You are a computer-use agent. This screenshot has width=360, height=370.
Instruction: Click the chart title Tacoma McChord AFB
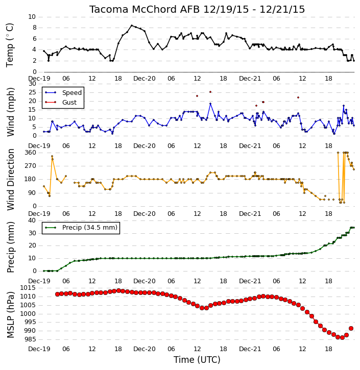tap(145, 9)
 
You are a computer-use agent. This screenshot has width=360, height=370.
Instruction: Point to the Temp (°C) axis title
tap(10, 45)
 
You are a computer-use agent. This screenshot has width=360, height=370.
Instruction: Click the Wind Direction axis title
tap(10, 180)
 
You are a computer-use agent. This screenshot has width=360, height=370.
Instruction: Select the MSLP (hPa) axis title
tap(10, 315)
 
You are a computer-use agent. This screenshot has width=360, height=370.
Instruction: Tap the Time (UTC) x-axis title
tap(197, 360)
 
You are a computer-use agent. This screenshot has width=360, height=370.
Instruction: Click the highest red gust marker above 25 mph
tap(210, 92)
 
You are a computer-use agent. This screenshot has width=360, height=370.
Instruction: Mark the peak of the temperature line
tap(132, 25)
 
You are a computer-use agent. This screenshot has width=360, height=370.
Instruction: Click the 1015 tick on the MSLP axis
tap(28, 288)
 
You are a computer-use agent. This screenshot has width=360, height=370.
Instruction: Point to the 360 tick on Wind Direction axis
tap(31, 153)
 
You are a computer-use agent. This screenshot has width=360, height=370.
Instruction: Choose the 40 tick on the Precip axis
tap(32, 220)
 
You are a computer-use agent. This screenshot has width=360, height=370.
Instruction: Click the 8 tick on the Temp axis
tap(34, 28)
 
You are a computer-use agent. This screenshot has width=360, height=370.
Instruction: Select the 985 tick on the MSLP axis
tap(30, 339)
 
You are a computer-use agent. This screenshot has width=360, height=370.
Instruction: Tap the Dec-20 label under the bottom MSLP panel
tap(144, 349)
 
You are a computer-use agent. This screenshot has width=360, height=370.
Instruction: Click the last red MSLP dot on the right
tap(351, 329)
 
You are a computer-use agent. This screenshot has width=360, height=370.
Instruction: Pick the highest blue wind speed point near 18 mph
tap(210, 104)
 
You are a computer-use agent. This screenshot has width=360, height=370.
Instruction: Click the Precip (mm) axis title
tap(10, 248)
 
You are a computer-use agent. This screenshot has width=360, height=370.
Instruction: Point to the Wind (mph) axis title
tap(10, 112)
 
